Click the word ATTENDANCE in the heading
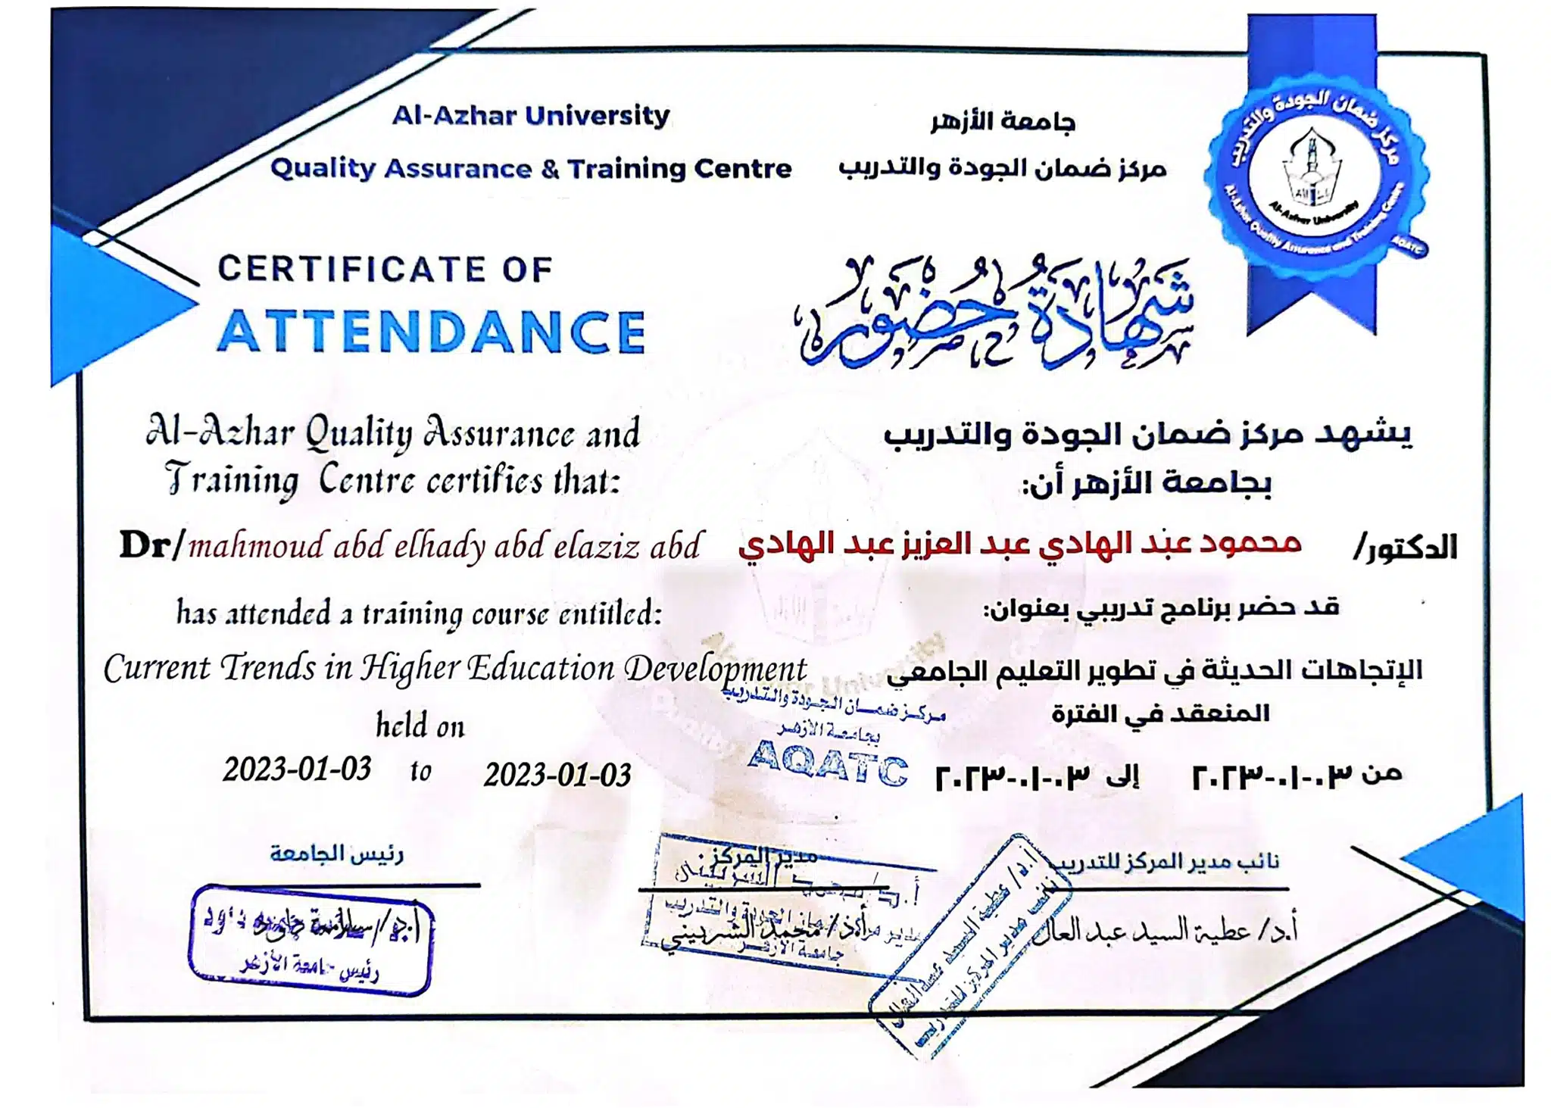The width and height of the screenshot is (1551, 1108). (432, 332)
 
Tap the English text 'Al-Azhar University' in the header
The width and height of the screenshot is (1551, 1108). (531, 116)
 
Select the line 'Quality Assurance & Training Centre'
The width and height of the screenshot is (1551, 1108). (531, 168)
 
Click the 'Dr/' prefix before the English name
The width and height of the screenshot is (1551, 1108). (151, 545)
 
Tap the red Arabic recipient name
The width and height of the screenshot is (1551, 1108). (1019, 544)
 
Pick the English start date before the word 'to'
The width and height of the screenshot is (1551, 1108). (297, 769)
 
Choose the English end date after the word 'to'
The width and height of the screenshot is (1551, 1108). (557, 775)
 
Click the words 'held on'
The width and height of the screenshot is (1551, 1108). (420, 726)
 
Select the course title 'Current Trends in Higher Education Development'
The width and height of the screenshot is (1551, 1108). (455, 669)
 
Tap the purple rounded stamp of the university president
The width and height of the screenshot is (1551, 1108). (311, 940)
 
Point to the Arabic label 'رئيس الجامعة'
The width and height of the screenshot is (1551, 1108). (337, 854)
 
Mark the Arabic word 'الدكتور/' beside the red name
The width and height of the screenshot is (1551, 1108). (1406, 547)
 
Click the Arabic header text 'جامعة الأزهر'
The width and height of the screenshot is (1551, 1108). (1003, 121)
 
